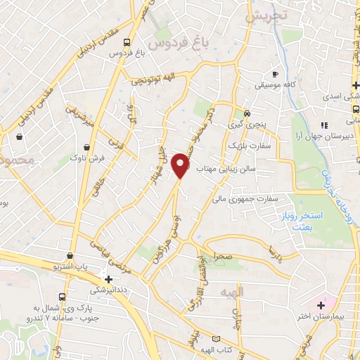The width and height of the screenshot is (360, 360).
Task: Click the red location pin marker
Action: [x=181, y=165]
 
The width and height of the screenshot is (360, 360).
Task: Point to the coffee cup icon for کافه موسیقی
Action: [x=276, y=74]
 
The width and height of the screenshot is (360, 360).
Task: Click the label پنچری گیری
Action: [x=247, y=124]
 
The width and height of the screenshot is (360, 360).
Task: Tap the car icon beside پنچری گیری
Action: [x=247, y=113]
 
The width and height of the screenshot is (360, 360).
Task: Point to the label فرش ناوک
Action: [x=87, y=159]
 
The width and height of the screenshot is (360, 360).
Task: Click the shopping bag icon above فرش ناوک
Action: [x=86, y=147]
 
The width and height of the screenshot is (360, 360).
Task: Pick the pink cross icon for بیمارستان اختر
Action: [x=321, y=305]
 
